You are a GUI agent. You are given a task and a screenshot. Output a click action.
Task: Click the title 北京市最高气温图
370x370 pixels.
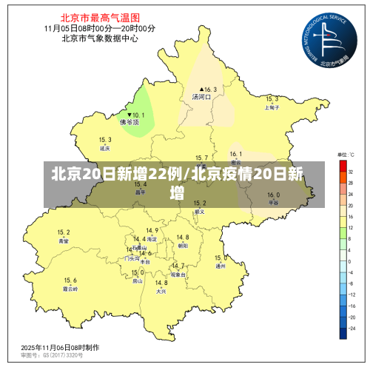(x=100, y=14)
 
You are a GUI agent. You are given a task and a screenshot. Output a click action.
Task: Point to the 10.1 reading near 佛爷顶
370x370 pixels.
(x=135, y=115)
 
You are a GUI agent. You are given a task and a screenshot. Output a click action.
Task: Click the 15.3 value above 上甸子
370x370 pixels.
(x=272, y=99)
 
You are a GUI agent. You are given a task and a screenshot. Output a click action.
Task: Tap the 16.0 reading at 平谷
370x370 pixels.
(x=273, y=195)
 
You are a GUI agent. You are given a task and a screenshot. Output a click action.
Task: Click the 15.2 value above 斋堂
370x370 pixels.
(x=64, y=232)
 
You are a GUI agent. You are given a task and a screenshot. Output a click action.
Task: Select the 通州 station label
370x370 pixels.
(x=220, y=266)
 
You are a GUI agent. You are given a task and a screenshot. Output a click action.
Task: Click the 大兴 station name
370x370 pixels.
(x=161, y=292)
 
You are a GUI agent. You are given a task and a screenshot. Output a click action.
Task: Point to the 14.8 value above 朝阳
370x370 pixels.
(x=183, y=237)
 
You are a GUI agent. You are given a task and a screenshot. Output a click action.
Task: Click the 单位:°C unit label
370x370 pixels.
(x=347, y=155)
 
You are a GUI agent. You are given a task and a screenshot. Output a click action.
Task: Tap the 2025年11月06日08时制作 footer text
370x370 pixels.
(x=61, y=346)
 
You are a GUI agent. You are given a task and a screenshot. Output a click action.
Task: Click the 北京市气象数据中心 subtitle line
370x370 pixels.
(x=100, y=38)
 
